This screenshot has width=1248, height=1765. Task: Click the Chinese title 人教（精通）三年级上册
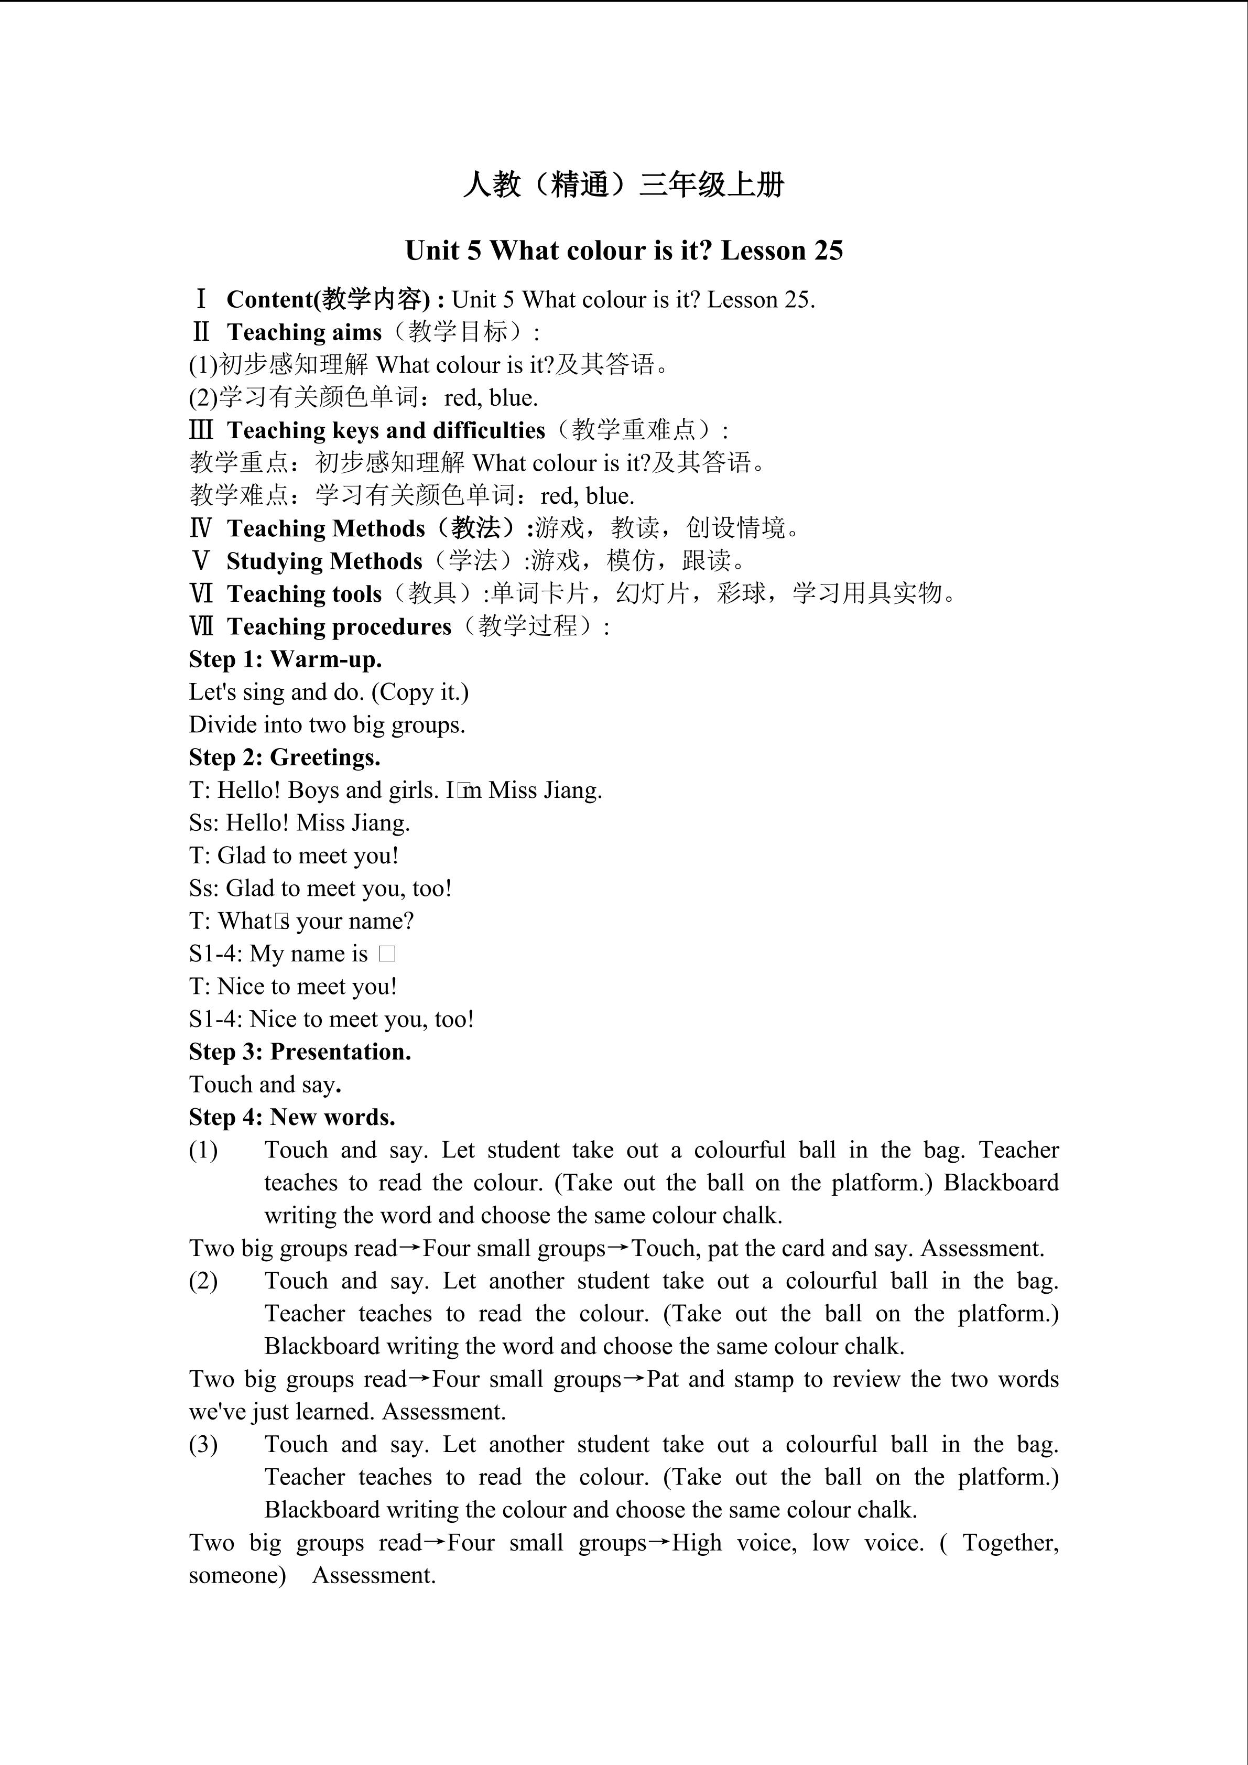(x=623, y=185)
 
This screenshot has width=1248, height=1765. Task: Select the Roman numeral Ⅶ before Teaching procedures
(x=201, y=626)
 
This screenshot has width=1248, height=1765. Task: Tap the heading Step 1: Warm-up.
(x=285, y=659)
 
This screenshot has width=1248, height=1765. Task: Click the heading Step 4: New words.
(x=292, y=1118)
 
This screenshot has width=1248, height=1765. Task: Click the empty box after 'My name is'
(x=387, y=955)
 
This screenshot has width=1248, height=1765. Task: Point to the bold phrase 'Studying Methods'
(x=324, y=562)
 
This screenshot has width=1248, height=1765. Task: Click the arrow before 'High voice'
(x=659, y=1543)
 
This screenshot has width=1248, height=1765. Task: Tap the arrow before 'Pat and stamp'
(x=634, y=1379)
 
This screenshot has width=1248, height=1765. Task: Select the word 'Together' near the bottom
(x=1010, y=1543)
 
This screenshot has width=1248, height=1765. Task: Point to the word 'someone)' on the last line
(x=237, y=1576)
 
